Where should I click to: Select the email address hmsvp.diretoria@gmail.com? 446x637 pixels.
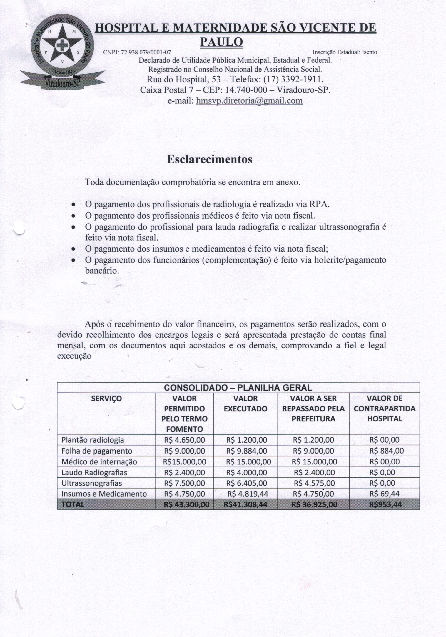[249, 100]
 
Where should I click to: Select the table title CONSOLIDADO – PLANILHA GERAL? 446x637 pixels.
[238, 388]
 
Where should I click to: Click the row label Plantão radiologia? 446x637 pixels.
[93, 440]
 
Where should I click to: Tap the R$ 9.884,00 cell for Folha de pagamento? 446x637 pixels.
[246, 451]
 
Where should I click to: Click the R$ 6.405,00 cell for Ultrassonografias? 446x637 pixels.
[246, 483]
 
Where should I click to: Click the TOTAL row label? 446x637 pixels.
[73, 504]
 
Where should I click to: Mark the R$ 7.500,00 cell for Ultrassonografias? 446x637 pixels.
[184, 483]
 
